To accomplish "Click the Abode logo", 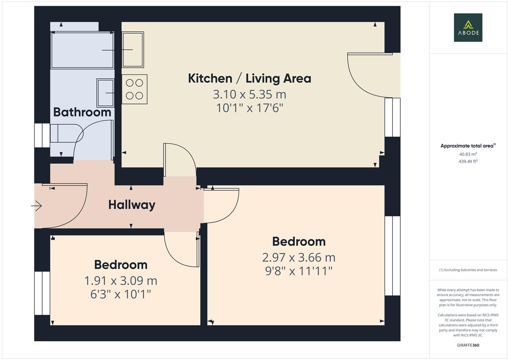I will pyautogui.click(x=468, y=28).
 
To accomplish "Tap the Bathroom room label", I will pyautogui.click(x=82, y=112).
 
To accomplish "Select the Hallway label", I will pyautogui.click(x=132, y=205).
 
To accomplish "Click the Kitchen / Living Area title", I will pyautogui.click(x=249, y=78).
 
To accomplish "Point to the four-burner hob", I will pyautogui.click(x=134, y=89).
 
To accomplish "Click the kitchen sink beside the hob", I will pyautogui.click(x=133, y=49).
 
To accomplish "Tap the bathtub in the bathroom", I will pyautogui.click(x=82, y=50).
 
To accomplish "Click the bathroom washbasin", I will pyautogui.click(x=105, y=93).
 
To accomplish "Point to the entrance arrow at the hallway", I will pyautogui.click(x=37, y=206).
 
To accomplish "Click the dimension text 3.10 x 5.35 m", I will pyautogui.click(x=249, y=94).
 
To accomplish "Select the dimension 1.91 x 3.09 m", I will pyautogui.click(x=121, y=281).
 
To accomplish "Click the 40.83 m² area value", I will pyautogui.click(x=468, y=154).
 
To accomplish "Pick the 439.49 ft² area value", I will pyautogui.click(x=468, y=161).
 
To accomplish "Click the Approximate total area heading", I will pyautogui.click(x=468, y=146).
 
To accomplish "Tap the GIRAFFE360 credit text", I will pyautogui.click(x=468, y=345).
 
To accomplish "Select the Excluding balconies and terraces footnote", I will pyautogui.click(x=468, y=270).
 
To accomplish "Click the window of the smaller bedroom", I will pyautogui.click(x=42, y=293).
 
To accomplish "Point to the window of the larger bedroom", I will pyautogui.click(x=392, y=256).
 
